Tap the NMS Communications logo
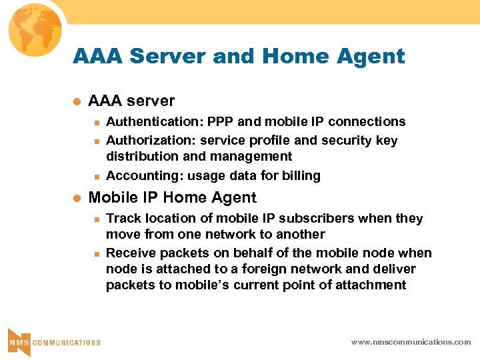tap(54, 342)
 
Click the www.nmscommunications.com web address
tap(411, 342)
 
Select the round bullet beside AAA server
tap(76, 101)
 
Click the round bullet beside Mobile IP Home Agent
tap(76, 198)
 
